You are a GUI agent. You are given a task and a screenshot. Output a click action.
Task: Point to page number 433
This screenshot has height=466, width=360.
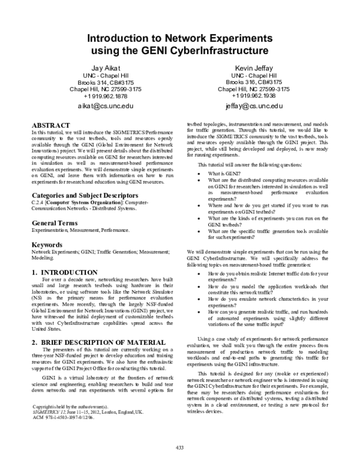(x=179, y=447)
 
